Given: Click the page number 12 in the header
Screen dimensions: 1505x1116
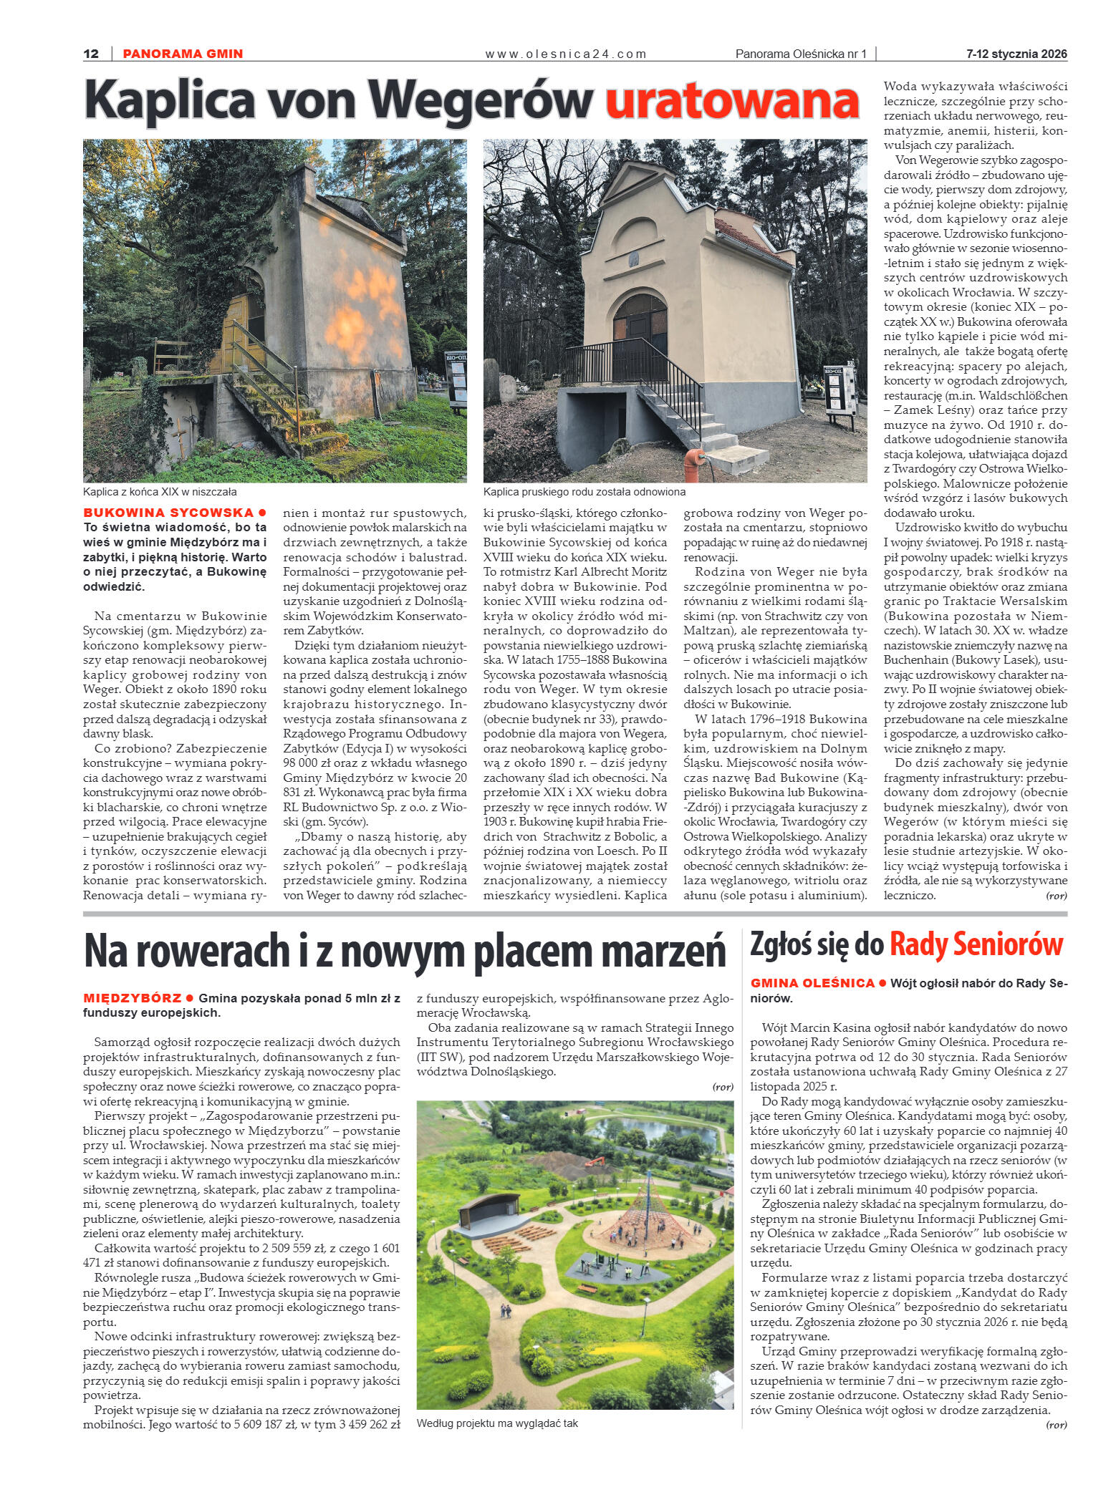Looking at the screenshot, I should tap(91, 54).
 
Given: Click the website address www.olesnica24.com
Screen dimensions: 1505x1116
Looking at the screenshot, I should tap(566, 54).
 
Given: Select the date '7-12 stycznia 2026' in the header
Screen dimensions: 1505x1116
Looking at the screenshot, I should tap(1016, 54).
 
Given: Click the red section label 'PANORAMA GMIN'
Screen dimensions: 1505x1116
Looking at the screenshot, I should tap(183, 54).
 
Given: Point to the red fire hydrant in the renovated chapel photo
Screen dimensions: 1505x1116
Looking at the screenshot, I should tap(693, 464).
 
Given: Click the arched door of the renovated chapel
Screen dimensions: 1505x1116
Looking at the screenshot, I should tap(640, 321).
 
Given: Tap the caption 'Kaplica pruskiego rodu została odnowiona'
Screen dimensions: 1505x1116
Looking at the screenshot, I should tap(585, 492).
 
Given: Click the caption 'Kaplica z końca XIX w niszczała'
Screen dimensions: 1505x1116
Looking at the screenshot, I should tap(160, 492).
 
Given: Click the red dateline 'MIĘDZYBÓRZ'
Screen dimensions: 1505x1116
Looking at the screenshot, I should tap(132, 997).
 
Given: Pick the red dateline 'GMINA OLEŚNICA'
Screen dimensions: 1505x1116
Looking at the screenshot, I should tap(812, 983).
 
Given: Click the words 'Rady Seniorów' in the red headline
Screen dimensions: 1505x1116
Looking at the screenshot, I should tap(976, 945).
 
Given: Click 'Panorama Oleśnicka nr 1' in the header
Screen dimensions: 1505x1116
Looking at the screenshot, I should tap(801, 54).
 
